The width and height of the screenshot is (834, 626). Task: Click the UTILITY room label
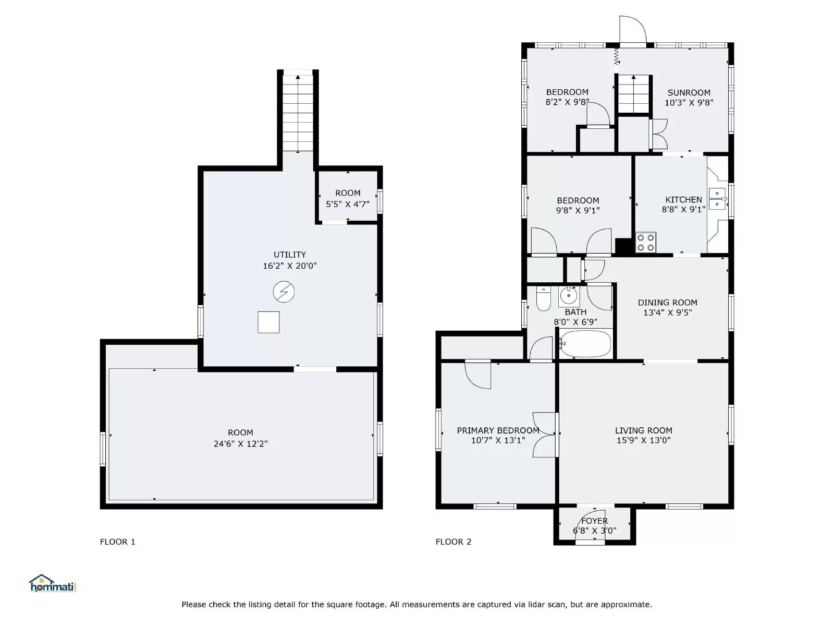[x=290, y=255]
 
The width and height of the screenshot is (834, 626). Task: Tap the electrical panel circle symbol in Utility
[x=284, y=292]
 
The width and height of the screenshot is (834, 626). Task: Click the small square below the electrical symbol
[x=268, y=322]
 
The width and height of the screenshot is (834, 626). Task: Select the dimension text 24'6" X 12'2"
[x=240, y=444]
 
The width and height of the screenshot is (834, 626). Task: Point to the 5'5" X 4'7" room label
[x=348, y=204]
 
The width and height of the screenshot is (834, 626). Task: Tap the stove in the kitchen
[x=646, y=243]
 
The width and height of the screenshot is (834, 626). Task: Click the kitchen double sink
[x=718, y=199]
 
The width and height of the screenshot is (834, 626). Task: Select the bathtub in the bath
[x=585, y=344]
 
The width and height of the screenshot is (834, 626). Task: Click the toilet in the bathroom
[x=544, y=299]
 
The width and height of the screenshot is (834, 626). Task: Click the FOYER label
[x=594, y=521]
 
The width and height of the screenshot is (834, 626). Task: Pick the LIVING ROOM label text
[x=643, y=430]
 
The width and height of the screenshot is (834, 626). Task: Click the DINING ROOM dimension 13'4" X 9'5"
[x=667, y=312]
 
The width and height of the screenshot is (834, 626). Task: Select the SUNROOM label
[x=689, y=92]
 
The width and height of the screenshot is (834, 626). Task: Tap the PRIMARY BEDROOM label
[x=498, y=430]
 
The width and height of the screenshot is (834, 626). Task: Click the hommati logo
[x=53, y=584]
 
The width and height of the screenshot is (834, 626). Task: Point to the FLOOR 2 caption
[x=453, y=542]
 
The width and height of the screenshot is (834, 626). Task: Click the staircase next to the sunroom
[x=634, y=94]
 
